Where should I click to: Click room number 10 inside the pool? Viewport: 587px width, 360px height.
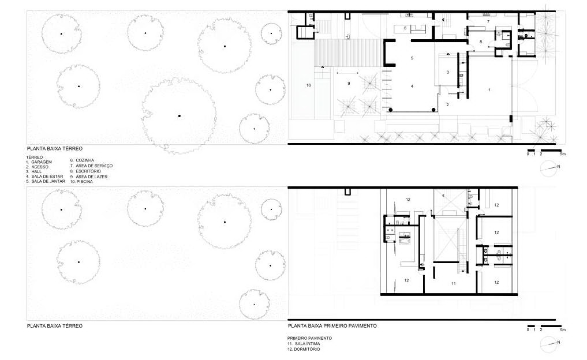308,85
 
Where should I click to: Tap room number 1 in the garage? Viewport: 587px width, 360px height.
489,90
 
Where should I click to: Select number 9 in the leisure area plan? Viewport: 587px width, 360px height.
349,84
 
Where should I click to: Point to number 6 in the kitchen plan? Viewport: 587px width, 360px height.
405,28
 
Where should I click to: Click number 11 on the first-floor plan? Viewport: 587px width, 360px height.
453,284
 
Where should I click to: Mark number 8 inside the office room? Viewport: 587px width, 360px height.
481,42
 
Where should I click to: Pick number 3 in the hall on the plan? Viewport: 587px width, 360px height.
448,72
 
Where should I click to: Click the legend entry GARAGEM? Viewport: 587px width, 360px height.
42,162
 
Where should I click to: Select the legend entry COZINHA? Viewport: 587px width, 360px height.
85,160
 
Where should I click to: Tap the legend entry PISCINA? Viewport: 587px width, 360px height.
85,182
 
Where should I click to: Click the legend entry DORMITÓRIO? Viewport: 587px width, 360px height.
307,349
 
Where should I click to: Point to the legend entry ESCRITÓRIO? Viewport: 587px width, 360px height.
88,171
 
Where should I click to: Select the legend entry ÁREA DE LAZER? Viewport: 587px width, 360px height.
92,177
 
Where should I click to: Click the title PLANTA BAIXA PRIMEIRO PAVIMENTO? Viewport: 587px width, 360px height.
332,326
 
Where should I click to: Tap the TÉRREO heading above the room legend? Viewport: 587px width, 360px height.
35,157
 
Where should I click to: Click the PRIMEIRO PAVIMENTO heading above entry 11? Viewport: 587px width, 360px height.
309,338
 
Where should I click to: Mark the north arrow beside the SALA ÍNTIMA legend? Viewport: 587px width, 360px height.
549,344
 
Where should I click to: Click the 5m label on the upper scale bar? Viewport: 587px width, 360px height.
563,154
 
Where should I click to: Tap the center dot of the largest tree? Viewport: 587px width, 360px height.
180,116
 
